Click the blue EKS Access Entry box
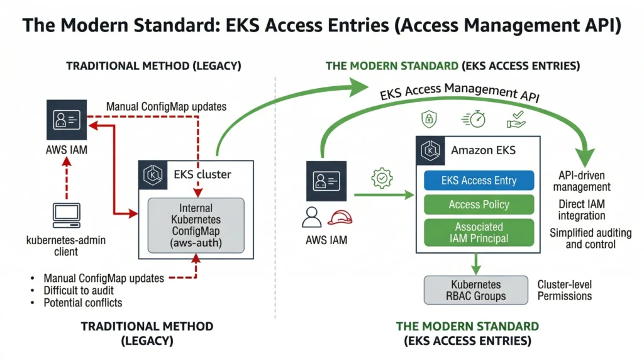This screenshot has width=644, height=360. pyautogui.click(x=479, y=181)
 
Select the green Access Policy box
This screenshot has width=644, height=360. pyautogui.click(x=479, y=205)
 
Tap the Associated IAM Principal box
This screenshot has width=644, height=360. pyautogui.click(x=479, y=232)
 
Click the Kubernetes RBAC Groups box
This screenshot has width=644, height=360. pyautogui.click(x=475, y=290)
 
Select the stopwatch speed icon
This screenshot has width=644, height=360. pyautogui.click(x=474, y=120)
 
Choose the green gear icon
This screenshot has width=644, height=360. pyautogui.click(x=382, y=179)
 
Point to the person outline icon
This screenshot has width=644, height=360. pyautogui.click(x=311, y=217)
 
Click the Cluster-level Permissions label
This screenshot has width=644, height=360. pyautogui.click(x=564, y=290)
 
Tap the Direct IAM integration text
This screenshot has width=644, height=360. pyautogui.click(x=582, y=210)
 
